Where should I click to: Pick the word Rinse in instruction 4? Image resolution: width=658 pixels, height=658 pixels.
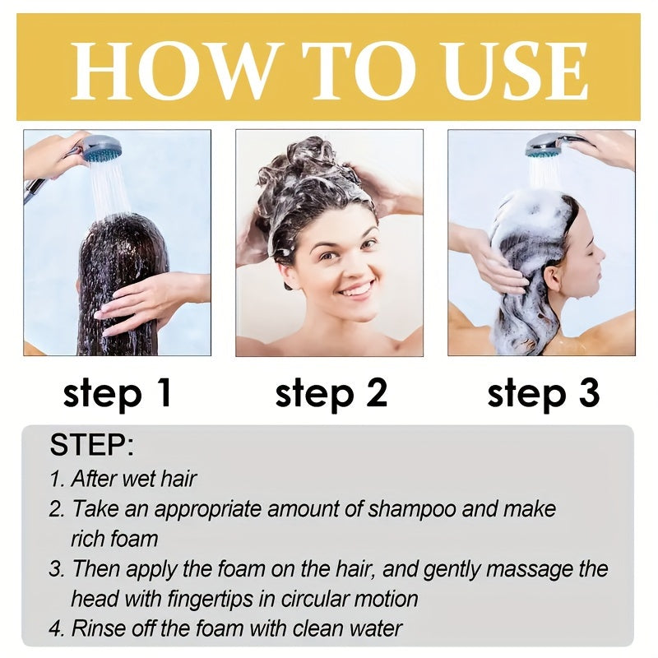tap(98, 629)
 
